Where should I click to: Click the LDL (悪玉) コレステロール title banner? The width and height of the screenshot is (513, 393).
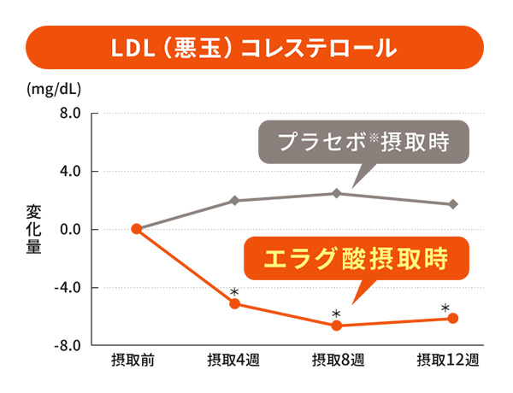[x=255, y=47]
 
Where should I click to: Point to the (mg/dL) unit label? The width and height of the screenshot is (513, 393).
[x=54, y=89]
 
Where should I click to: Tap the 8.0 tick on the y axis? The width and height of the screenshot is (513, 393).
[x=70, y=114]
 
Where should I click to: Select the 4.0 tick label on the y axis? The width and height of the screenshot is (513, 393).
[x=70, y=172]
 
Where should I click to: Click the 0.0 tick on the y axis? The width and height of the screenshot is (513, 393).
[x=70, y=230]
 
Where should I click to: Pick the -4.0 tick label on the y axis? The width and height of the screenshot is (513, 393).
[x=68, y=288]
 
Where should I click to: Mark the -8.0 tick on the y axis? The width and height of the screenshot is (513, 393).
[x=68, y=345]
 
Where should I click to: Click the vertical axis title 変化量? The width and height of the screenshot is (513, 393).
[x=33, y=229]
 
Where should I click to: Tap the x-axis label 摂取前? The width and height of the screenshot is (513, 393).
[x=133, y=360]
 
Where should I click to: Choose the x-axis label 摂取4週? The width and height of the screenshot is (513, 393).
[x=233, y=360]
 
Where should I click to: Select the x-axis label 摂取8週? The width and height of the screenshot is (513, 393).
[x=338, y=360]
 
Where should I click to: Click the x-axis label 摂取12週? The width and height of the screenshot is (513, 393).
[x=447, y=360]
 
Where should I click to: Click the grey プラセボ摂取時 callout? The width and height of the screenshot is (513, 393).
[x=363, y=142]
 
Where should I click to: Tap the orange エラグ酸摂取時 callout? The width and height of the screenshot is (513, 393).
[x=357, y=258]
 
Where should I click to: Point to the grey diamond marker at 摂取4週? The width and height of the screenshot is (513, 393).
[x=234, y=201]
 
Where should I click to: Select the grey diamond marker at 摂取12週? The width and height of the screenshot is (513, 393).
[x=453, y=204]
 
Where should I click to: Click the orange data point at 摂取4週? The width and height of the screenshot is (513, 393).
[x=234, y=304]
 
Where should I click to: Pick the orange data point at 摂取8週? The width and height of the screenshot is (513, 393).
[x=336, y=326]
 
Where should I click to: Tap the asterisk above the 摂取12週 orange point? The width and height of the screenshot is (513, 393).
[x=445, y=308]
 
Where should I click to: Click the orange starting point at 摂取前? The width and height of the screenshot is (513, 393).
[x=137, y=229]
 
